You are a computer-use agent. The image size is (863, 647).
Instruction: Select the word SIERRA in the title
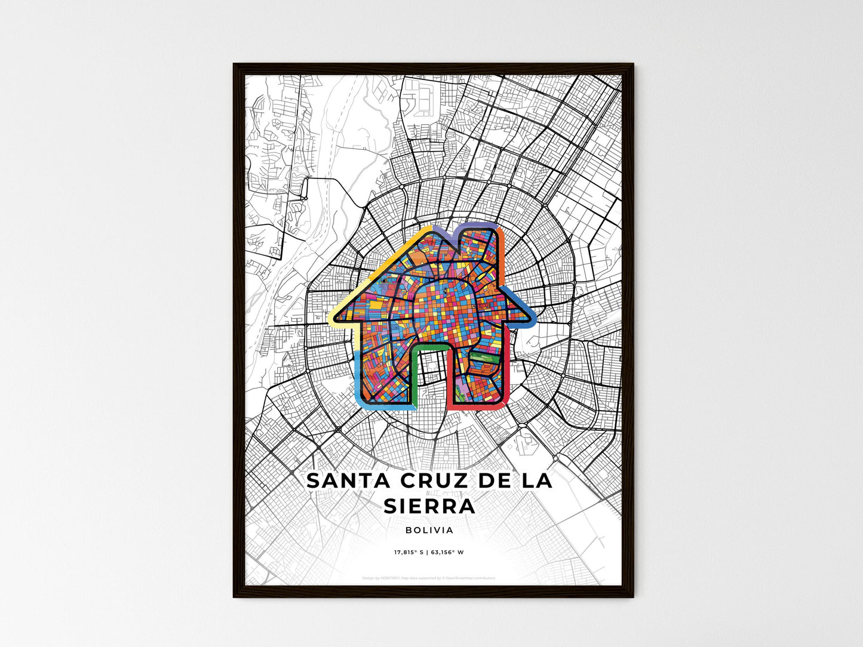pyautogui.click(x=429, y=506)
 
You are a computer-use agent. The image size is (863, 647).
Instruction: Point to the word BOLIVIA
pyautogui.click(x=429, y=530)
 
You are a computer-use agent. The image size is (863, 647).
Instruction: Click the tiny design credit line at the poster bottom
pyautogui.click(x=429, y=578)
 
